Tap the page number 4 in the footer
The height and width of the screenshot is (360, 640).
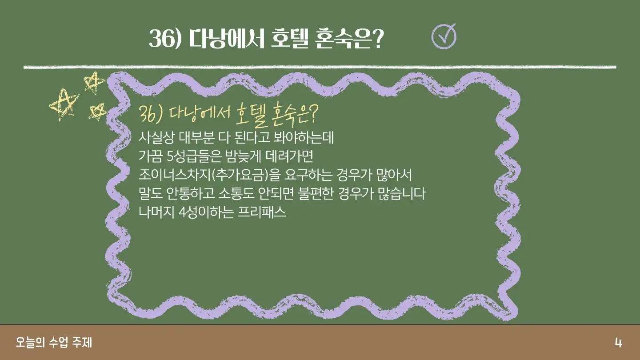(618, 343)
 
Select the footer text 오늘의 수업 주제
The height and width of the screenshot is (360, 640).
(54, 343)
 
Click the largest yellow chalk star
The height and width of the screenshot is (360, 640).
(64, 104)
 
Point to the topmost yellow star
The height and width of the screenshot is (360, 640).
(94, 83)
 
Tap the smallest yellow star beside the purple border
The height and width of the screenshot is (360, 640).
(97, 112)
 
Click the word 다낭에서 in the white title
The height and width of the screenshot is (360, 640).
(227, 39)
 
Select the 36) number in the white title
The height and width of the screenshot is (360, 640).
(166, 39)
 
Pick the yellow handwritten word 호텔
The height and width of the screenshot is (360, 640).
(252, 116)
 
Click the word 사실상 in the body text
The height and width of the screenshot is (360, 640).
(156, 138)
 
